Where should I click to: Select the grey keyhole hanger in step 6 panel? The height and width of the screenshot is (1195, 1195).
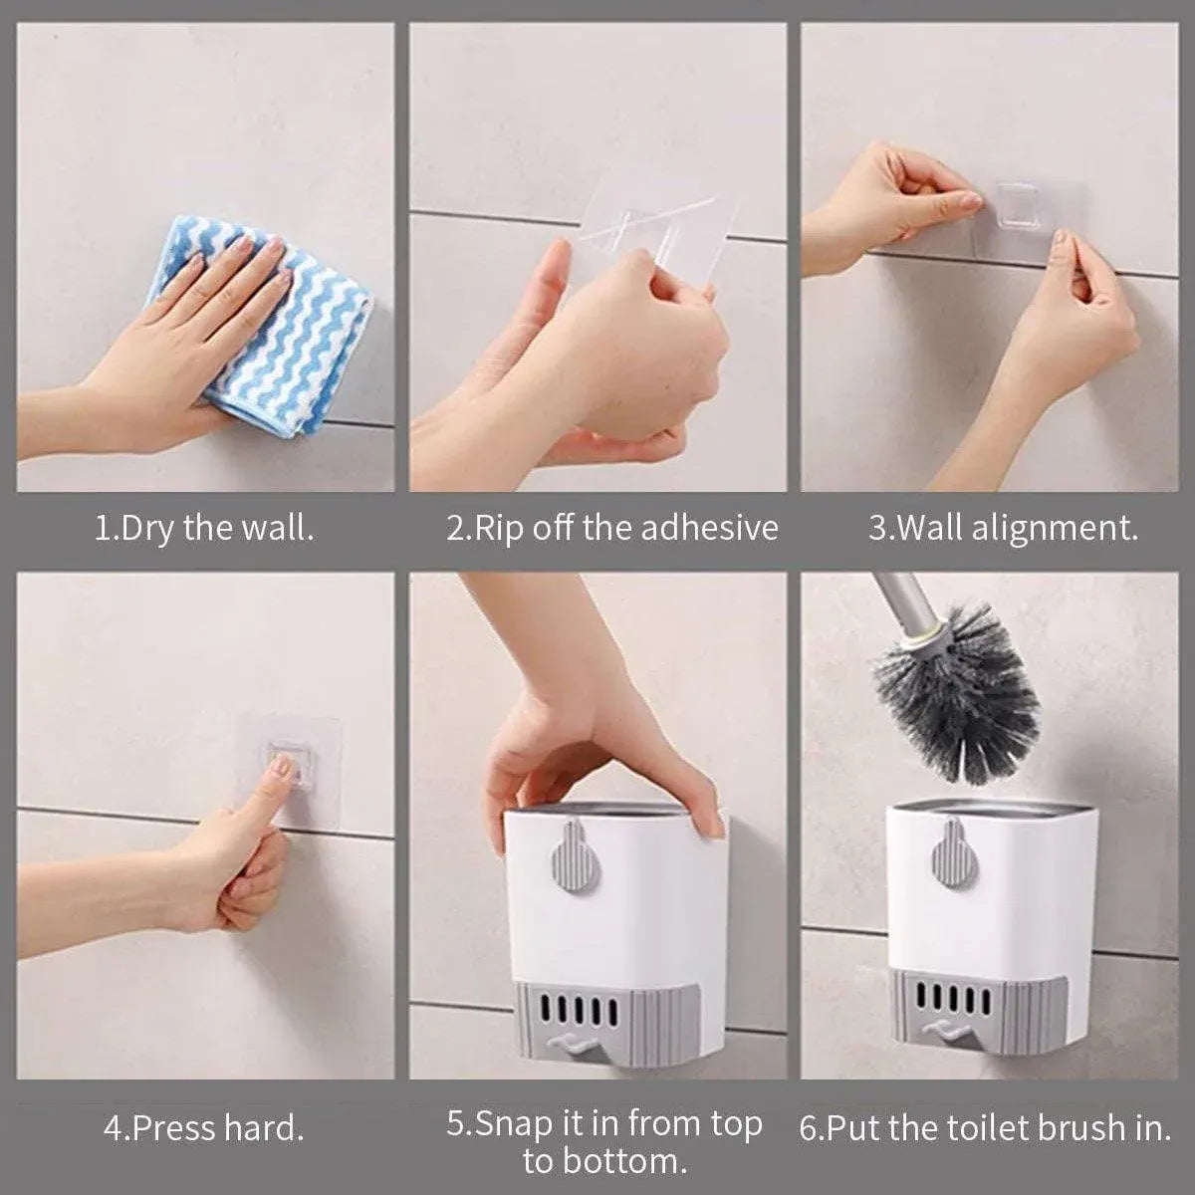click(x=955, y=855)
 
